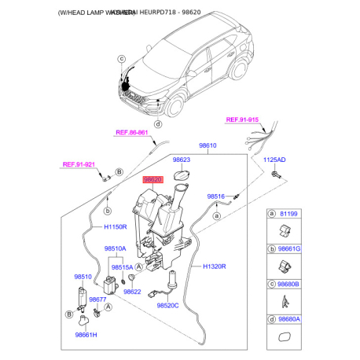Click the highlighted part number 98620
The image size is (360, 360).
152,179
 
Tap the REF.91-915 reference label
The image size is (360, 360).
244,119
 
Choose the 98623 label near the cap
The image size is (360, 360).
182,158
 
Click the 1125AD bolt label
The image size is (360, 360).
274,160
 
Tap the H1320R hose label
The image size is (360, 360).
214,266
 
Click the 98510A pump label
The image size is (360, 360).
116,248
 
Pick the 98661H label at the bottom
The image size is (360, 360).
87,336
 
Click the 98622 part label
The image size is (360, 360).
132,292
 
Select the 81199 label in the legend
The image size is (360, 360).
287,212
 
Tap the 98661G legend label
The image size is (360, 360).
289,248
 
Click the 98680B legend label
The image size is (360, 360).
289,284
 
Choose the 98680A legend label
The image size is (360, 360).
289,320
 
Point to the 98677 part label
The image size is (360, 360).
98,299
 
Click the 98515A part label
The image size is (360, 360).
123,267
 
